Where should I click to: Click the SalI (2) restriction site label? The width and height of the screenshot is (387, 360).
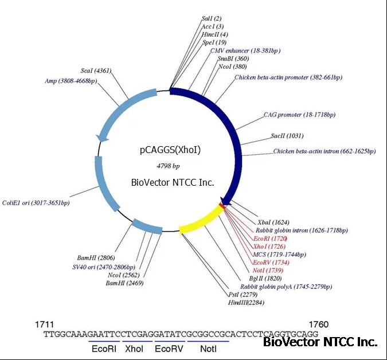coord(212,18)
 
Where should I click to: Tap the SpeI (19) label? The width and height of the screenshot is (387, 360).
coord(214,42)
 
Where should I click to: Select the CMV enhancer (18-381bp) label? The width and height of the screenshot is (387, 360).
coord(245,50)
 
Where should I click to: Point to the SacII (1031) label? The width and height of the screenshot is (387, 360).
coord(287,136)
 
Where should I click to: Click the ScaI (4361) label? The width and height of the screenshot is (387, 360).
coord(96,71)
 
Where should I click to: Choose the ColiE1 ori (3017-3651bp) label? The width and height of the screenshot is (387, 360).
coord(36,203)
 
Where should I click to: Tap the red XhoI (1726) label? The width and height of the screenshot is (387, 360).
coord(269,246)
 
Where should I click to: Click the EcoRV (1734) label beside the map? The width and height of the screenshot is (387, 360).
coord(271,263)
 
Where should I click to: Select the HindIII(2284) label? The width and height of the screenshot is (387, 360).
coord(246,302)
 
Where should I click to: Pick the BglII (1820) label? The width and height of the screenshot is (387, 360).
coord(265,279)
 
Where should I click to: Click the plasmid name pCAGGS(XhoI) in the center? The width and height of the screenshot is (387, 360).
coord(170,150)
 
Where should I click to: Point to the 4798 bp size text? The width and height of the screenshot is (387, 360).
coord(168,166)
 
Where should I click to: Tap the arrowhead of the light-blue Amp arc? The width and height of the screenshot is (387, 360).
coord(101,138)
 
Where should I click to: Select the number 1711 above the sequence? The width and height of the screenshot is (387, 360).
coord(44,324)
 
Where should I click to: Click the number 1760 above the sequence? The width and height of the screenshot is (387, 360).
coord(319,324)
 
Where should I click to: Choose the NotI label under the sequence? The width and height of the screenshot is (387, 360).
coord(208,349)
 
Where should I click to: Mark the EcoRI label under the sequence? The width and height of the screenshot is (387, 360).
coord(104,349)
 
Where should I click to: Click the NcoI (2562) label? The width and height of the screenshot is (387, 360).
coord(124,275)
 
